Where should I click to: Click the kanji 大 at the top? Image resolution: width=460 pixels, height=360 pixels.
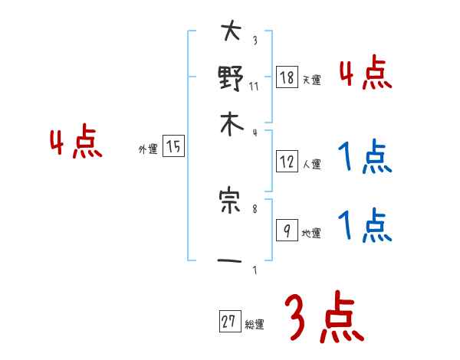click(231, 33)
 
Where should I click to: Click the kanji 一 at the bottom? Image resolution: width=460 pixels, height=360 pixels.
click(231, 261)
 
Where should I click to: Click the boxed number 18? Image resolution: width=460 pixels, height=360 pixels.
click(286, 77)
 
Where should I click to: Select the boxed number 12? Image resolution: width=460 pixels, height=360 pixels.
click(286, 161)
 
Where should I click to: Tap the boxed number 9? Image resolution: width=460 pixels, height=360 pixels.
click(286, 231)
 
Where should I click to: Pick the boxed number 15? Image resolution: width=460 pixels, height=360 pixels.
click(173, 147)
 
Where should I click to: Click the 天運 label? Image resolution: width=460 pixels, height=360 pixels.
click(311, 80)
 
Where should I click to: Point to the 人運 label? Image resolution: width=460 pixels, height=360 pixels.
click(311, 164)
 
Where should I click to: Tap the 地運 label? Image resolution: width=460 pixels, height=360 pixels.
click(311, 234)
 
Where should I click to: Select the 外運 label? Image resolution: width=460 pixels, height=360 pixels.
click(147, 150)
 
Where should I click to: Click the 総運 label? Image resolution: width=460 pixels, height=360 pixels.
click(255, 325)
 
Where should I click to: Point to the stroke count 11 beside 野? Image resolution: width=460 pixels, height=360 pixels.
click(254, 86)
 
